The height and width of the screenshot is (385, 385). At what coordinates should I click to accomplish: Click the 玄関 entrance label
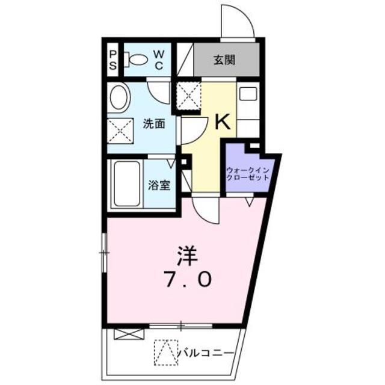pos(224,60)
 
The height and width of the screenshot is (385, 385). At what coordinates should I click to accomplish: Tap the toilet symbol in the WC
pos(135,60)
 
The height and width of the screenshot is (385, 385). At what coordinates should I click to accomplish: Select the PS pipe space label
pos(112,60)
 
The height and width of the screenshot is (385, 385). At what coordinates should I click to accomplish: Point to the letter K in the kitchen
pos(223,122)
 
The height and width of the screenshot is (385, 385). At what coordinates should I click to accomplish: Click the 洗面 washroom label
pos(154,124)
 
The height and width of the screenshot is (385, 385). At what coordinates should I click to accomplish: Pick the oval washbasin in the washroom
pos(120,97)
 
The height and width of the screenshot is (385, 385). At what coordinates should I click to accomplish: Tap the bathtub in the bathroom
pos(127,183)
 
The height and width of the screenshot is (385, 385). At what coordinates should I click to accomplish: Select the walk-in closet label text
pos(248,174)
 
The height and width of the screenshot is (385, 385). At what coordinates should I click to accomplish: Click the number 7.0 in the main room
pos(188,280)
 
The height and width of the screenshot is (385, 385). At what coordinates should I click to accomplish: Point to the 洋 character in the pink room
pos(188,255)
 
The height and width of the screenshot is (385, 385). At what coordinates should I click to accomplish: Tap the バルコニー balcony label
pos(205,353)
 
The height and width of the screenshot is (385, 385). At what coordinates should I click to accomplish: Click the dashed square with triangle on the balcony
pos(166,353)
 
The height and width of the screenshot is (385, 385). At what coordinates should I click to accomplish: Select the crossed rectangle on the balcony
pos(129,334)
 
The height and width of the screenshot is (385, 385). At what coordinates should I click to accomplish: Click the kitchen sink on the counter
pos(248,94)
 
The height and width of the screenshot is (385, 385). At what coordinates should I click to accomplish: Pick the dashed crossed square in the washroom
pos(120,131)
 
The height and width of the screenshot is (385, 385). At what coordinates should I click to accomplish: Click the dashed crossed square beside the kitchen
pos(188,96)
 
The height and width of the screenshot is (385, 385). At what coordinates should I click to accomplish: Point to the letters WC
pos(159,60)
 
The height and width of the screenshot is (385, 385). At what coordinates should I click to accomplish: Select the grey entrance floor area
pos(227,60)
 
